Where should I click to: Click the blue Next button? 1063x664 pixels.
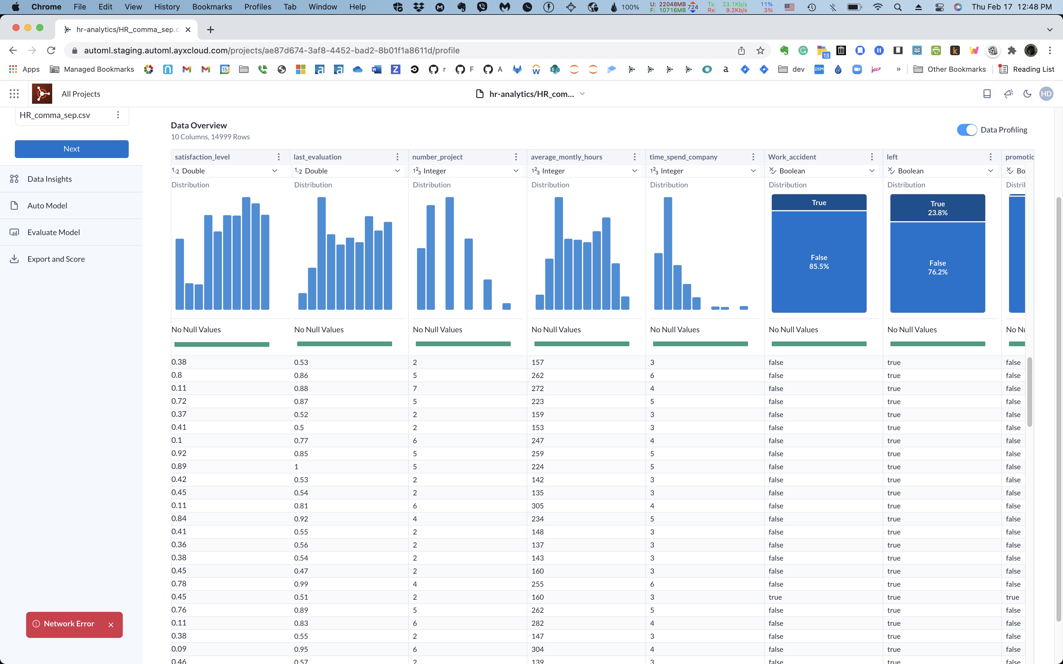point(71,149)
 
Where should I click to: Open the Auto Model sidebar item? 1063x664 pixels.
point(47,205)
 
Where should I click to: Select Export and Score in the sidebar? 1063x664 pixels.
point(56,259)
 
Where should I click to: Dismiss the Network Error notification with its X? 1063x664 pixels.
point(111,625)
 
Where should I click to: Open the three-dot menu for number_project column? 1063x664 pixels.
point(516,157)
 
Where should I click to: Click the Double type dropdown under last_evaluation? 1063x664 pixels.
point(347,171)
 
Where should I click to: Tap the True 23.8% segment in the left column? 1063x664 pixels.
point(937,208)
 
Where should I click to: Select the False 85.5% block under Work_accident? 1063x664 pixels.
point(819,262)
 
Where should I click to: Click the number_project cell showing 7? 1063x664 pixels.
point(415,389)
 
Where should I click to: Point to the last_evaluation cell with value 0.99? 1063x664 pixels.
point(301,584)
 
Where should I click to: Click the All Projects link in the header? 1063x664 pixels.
point(81,94)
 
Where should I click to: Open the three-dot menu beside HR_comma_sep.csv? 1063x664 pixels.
point(118,115)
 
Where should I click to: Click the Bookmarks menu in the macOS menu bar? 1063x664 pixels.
point(212,7)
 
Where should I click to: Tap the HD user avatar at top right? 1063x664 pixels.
point(1046,94)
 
